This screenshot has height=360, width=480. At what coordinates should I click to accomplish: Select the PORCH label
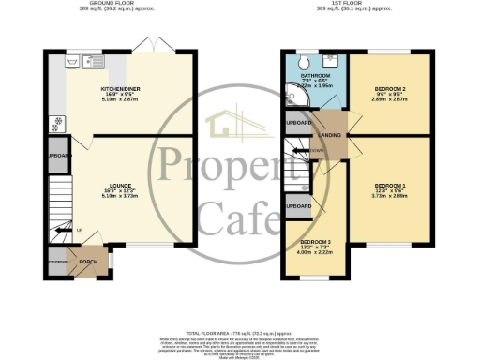click(89, 262)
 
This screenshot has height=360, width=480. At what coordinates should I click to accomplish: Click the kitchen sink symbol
click(74, 63)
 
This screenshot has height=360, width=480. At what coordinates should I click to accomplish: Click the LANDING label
click(330, 136)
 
